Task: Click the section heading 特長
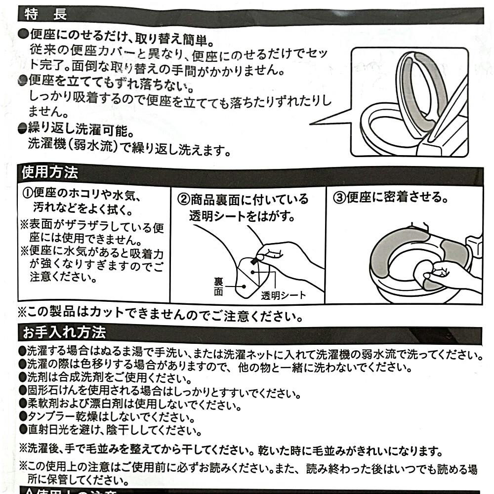point(45,14)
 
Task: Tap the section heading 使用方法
point(50,172)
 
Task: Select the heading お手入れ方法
point(64,332)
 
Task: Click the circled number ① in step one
point(27,193)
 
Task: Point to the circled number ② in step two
point(183,200)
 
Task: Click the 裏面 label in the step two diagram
point(218,287)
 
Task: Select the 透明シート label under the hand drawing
point(283,295)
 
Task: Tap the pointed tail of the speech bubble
point(312,124)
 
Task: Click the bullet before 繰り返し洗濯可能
point(23,128)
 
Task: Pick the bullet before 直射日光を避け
point(23,429)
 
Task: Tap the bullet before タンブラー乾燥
point(23,416)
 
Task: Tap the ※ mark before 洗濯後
point(23,449)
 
